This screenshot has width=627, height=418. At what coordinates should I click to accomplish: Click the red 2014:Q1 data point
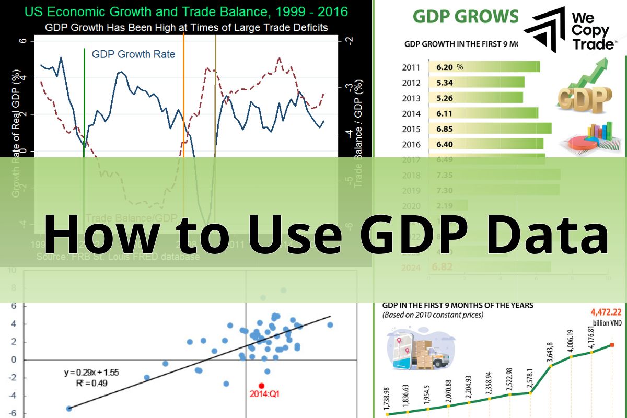[x=262, y=386]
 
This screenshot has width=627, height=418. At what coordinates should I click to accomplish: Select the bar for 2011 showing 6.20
[x=483, y=67]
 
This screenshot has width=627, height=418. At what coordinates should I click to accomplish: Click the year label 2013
[x=411, y=98]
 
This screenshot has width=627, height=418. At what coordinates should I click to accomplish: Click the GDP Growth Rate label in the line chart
[x=133, y=54]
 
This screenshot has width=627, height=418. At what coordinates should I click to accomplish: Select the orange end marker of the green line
[x=612, y=345]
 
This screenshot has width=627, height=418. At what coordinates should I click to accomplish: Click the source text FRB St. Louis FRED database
[x=118, y=257]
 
